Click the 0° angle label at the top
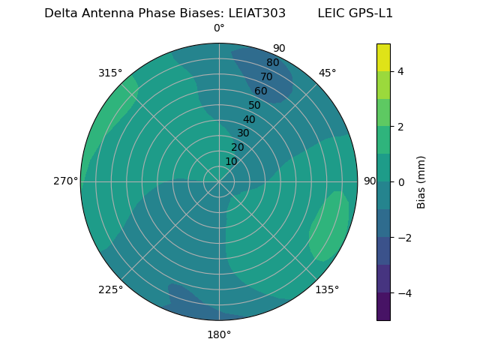click(219, 28)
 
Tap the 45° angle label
click(327, 73)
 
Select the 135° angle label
click(327, 289)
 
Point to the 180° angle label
click(219, 334)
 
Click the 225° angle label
click(110, 289)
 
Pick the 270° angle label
click(65, 181)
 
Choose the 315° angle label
click(110, 73)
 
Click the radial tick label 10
click(231, 161)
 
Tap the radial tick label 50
click(254, 105)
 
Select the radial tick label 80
click(272, 62)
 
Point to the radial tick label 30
click(243, 133)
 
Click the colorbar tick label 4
click(401, 71)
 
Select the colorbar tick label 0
click(401, 181)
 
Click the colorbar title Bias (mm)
click(421, 181)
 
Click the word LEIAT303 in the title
click(256, 13)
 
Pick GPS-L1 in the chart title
click(369, 13)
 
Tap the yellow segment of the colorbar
click(383, 57)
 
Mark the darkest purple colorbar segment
click(383, 306)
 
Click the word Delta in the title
click(61, 13)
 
